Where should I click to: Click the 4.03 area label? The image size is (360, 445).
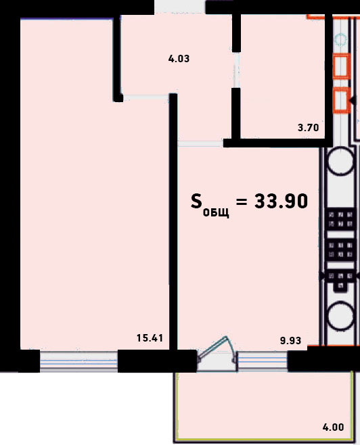click(x=179, y=59)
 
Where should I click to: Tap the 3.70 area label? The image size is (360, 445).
click(x=309, y=128)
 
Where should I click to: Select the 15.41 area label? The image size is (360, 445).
click(x=150, y=338)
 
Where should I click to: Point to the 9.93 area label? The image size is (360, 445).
click(x=290, y=340)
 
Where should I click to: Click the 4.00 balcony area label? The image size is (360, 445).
click(x=334, y=427)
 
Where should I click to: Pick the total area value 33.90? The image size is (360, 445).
click(x=281, y=202)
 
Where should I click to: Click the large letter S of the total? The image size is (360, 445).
click(x=196, y=202)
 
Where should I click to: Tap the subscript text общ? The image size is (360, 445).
click(x=216, y=212)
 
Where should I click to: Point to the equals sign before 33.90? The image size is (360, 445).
click(x=242, y=202)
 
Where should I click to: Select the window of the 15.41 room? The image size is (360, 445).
click(x=78, y=361)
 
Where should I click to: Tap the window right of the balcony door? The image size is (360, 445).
click(x=263, y=361)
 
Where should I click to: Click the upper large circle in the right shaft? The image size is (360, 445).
click(x=340, y=161)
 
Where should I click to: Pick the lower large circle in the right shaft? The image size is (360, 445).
click(x=340, y=316)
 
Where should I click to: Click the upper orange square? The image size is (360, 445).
click(x=341, y=66)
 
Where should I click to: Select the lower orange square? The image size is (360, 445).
click(x=341, y=101)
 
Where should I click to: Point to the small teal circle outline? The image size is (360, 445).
click(x=340, y=39)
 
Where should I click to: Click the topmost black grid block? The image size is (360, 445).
click(x=340, y=219)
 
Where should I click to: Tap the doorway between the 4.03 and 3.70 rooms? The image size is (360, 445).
click(x=236, y=70)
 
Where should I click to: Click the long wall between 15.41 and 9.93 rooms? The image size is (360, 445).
click(x=173, y=221)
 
